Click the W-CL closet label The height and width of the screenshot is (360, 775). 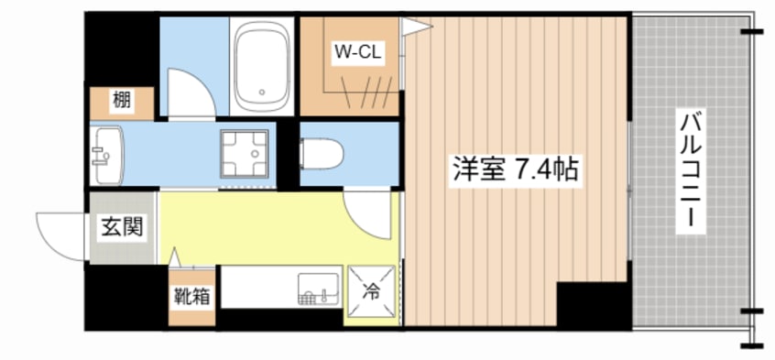[358, 51]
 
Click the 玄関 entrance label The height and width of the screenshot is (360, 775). [123, 228]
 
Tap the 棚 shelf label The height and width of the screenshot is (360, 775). [122, 101]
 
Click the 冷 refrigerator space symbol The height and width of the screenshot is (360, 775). [371, 291]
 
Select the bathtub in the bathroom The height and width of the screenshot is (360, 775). [262, 66]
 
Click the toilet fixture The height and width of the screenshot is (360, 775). [322, 154]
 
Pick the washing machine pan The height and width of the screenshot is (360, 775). [245, 154]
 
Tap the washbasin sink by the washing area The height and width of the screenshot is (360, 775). [107, 156]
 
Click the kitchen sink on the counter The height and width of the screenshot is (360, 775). [318, 288]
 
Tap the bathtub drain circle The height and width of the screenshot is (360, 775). [262, 92]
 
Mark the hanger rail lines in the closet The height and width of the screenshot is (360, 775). [366, 93]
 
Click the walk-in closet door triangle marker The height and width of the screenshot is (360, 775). [414, 27]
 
